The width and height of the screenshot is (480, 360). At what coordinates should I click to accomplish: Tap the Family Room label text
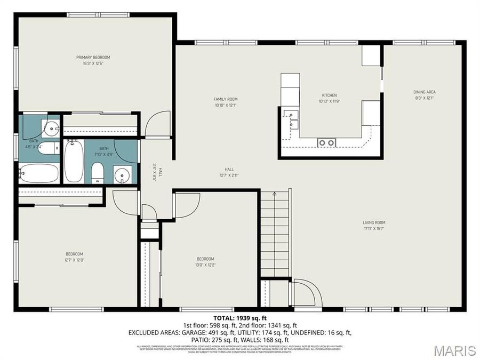click(x=225, y=99)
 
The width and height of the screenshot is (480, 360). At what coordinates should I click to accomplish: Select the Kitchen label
click(x=329, y=95)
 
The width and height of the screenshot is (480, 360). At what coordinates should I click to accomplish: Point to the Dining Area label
click(x=425, y=92)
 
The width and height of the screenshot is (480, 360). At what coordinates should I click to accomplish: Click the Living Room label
click(x=374, y=222)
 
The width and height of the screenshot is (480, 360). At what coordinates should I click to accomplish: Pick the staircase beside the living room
click(x=275, y=235)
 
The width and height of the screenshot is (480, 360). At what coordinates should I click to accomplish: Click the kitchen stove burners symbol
click(x=326, y=142)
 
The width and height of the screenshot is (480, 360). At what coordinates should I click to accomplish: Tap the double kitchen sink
click(x=291, y=118)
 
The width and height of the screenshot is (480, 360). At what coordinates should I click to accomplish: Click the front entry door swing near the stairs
click(x=307, y=293)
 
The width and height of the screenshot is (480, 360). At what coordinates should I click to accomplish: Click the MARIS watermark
click(x=454, y=350)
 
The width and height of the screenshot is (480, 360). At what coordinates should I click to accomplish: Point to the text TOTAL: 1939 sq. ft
click(x=240, y=318)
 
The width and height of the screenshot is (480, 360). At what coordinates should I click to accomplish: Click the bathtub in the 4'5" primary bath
click(x=38, y=173)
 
